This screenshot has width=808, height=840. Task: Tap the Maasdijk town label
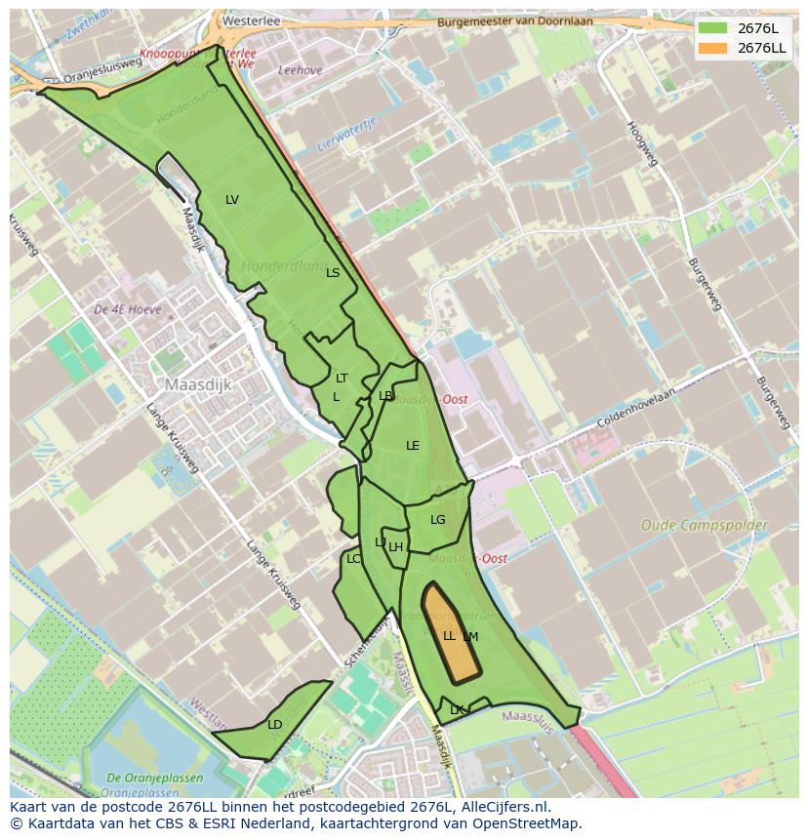coord(198,384)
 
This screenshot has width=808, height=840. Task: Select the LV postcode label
coord(232,200)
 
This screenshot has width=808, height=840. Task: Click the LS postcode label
coord(333,273)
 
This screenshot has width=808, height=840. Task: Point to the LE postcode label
coord(413,446)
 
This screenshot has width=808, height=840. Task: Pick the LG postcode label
coord(437,520)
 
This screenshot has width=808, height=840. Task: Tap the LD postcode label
coord(274,725)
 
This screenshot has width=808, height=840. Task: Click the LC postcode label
coord(353,559)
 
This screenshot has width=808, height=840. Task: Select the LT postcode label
coord(342,378)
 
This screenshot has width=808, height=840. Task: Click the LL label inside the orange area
coord(449,636)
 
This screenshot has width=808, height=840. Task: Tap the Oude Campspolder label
coord(704,525)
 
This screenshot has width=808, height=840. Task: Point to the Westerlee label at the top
coord(245,20)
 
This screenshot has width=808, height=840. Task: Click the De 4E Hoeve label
coord(128,309)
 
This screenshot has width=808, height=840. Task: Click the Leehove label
coord(300,70)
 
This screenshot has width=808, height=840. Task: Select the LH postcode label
coord(395,547)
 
